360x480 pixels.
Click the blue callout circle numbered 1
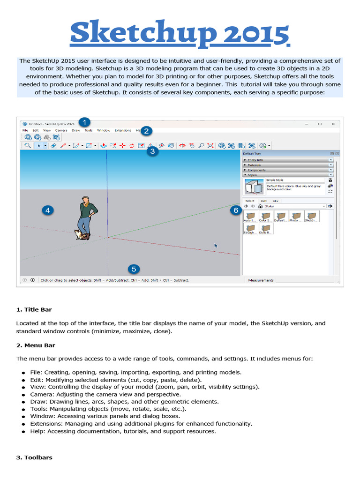[84, 122]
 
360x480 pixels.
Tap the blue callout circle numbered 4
[47, 210]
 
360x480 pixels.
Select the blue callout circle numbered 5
[134, 269]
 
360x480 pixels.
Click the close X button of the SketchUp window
[333, 124]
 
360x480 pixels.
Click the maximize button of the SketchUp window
[320, 124]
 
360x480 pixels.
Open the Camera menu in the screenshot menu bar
[61, 130]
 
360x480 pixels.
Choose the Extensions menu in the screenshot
[123, 130]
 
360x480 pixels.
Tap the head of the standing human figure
[85, 199]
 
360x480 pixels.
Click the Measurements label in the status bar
[261, 280]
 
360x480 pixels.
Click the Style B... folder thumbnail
[266, 228]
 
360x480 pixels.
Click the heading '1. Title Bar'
[34, 309]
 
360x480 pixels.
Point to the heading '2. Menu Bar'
[36, 345]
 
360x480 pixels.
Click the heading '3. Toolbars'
[34, 457]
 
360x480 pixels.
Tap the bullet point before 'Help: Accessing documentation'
[22, 432]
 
